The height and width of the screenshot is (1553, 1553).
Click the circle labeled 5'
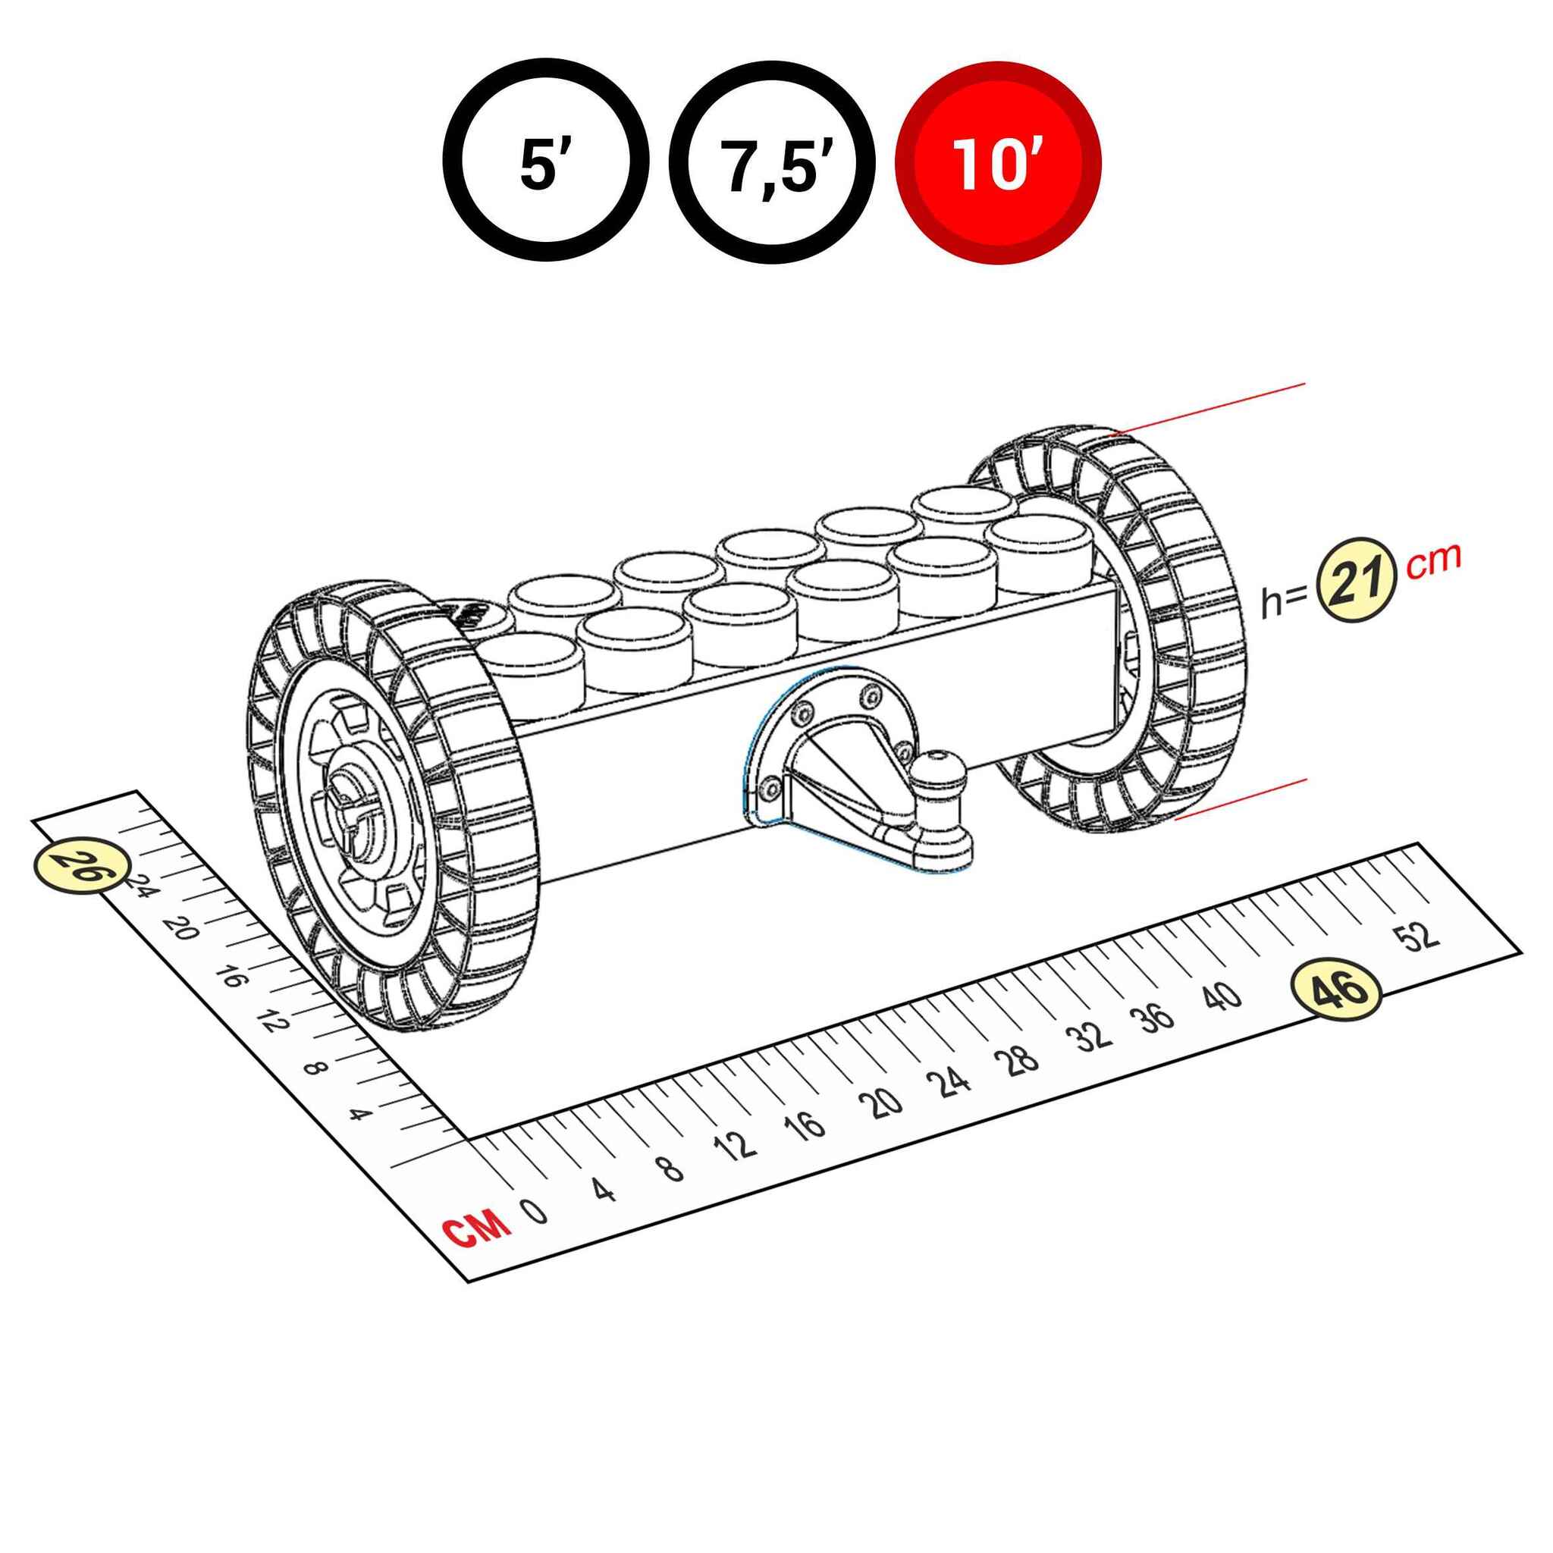pyautogui.click(x=546, y=161)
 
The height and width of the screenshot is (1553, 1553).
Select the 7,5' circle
pyautogui.click(x=772, y=161)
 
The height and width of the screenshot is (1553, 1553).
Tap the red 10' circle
pyautogui.click(x=998, y=161)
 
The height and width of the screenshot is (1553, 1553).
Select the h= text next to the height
pyautogui.click(x=1285, y=601)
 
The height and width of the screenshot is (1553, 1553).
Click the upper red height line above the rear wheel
pyautogui.click(x=1208, y=409)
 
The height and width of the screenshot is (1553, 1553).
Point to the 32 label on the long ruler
pyautogui.click(x=1093, y=1037)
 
